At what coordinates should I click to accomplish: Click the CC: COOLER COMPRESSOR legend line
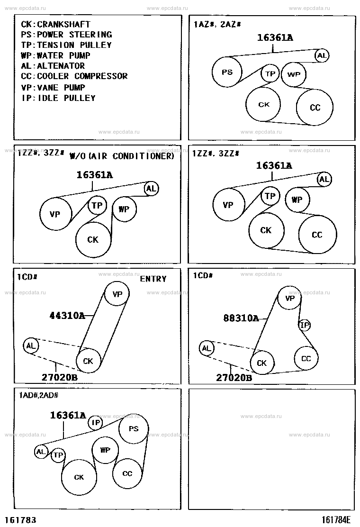pos(74,76)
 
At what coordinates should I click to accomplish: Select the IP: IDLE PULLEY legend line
pos(59,98)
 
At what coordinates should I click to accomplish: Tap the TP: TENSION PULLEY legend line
pos(66,45)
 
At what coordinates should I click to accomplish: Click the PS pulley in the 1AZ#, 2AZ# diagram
pos(227,72)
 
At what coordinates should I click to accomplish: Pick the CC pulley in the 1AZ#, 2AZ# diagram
pos(315,107)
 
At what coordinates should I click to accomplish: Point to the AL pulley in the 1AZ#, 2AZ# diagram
pos(322,55)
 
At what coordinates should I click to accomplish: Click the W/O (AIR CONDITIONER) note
pos(122,156)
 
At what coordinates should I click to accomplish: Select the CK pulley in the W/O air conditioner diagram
pos(93,240)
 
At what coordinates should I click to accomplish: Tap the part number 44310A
pos(67,315)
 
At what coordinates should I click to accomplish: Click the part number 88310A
pos(241,318)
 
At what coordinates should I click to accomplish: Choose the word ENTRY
pos(153,279)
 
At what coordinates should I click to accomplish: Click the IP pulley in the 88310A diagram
pos(305,325)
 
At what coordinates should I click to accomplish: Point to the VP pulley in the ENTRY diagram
pos(117,294)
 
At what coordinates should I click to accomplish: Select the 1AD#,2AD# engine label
pos(39,395)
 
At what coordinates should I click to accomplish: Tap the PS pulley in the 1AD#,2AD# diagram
pos(133,428)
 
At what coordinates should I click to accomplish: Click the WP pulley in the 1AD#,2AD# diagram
pos(105,450)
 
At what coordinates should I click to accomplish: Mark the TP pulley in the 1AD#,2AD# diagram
pos(58,455)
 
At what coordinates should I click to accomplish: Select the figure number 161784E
pos(336,520)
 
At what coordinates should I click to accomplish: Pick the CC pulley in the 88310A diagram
pos(306,358)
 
